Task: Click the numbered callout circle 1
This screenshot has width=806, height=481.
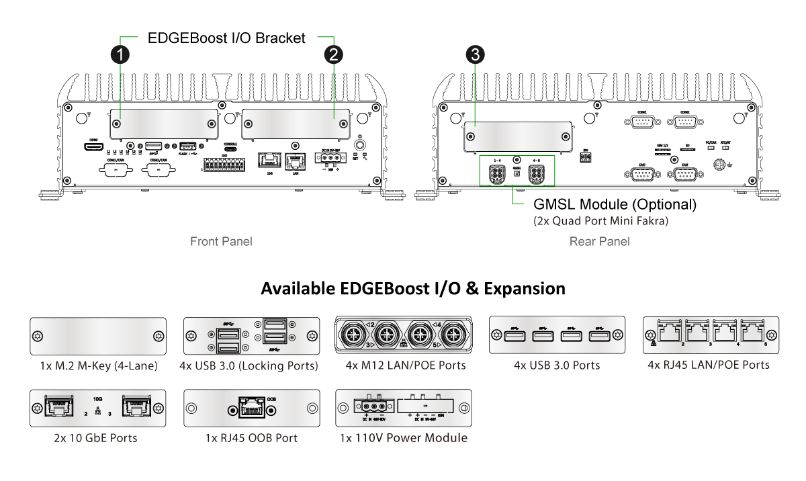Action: (120, 54)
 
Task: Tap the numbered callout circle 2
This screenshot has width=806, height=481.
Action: (334, 54)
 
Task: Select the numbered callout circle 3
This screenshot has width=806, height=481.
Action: (476, 54)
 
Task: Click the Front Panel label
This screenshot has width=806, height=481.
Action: (221, 241)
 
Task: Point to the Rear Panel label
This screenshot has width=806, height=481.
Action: (599, 241)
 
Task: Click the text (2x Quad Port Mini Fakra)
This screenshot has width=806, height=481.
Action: (600, 220)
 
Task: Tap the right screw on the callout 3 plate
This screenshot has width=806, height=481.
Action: (559, 137)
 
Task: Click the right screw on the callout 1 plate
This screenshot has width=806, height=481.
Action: (212, 124)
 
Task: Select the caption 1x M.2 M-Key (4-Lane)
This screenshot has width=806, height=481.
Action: (98, 366)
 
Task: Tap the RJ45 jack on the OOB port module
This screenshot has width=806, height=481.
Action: (251, 408)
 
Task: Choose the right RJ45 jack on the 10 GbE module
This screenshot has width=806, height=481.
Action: (136, 406)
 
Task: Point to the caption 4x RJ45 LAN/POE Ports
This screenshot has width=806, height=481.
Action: (709, 365)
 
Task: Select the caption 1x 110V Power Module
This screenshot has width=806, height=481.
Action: (403, 438)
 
